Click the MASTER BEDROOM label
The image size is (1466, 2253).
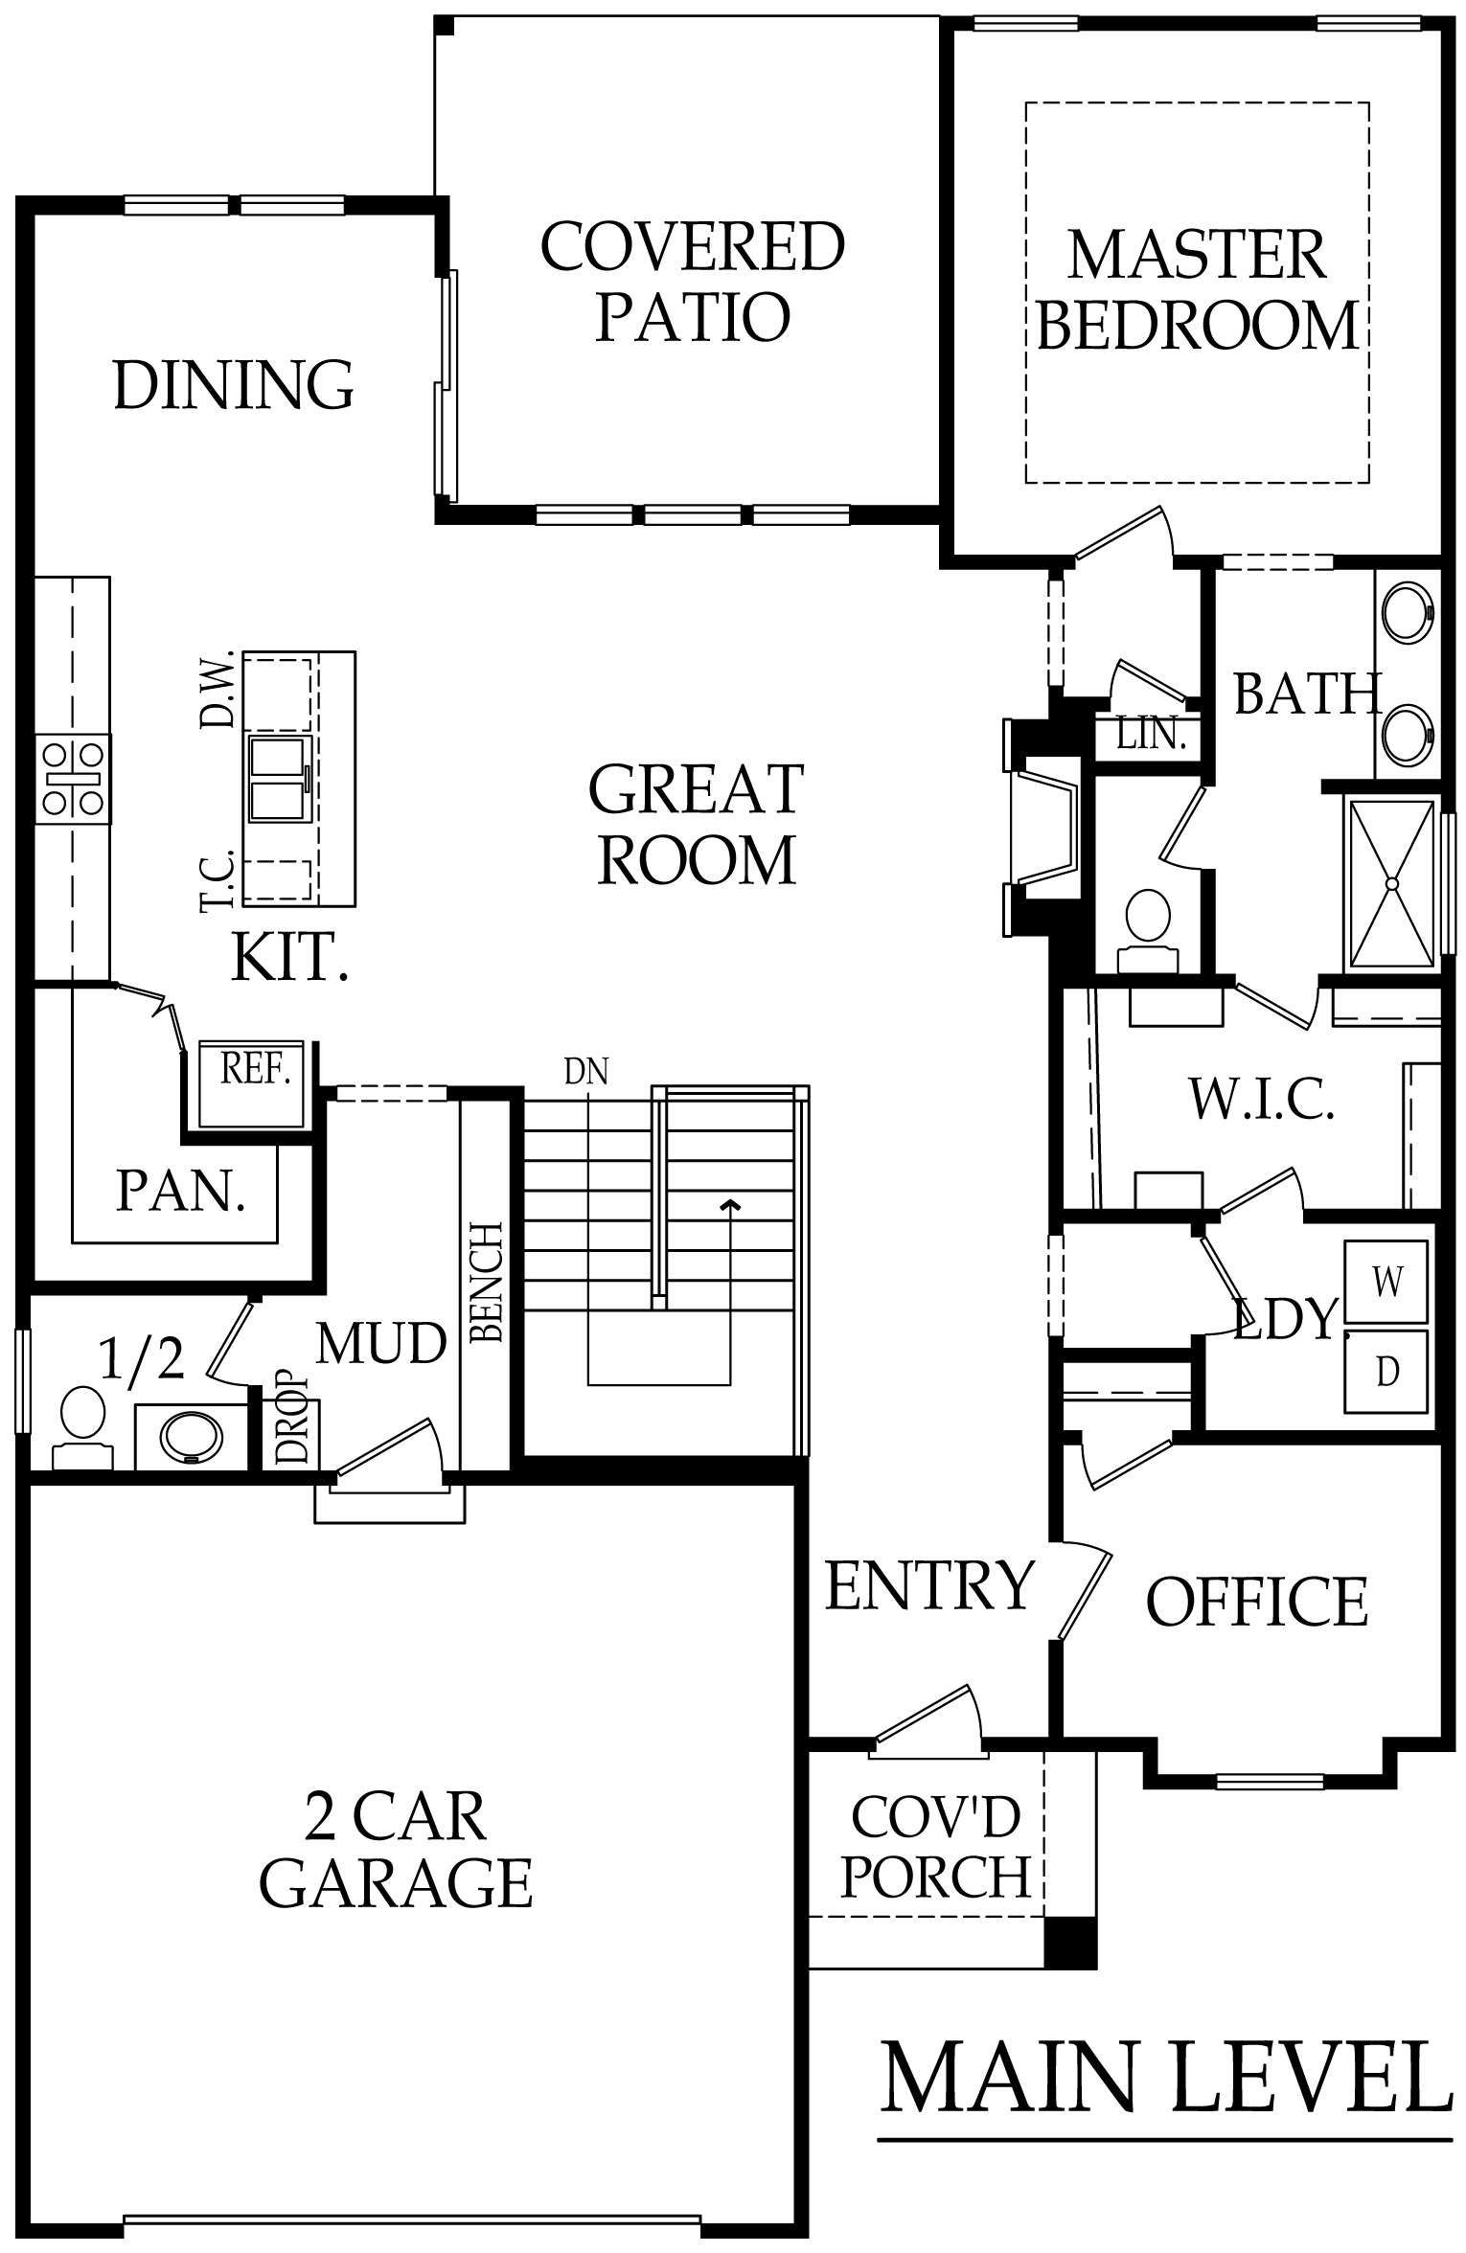coord(1198,289)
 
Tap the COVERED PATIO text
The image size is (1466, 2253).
coord(693,281)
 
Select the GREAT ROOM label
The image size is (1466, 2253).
coord(697,824)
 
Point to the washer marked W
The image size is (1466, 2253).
coord(1386,1281)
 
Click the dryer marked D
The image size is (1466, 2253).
coord(1386,1372)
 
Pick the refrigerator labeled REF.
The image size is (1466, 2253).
coord(251,1083)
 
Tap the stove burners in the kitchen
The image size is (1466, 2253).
coord(73,779)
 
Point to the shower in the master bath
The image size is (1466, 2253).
coord(1392,882)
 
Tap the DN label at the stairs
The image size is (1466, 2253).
coord(586,1071)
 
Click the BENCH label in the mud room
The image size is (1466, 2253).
coord(486,1282)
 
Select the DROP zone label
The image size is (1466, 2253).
coord(292,1420)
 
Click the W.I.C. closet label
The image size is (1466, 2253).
coord(1262,1099)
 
